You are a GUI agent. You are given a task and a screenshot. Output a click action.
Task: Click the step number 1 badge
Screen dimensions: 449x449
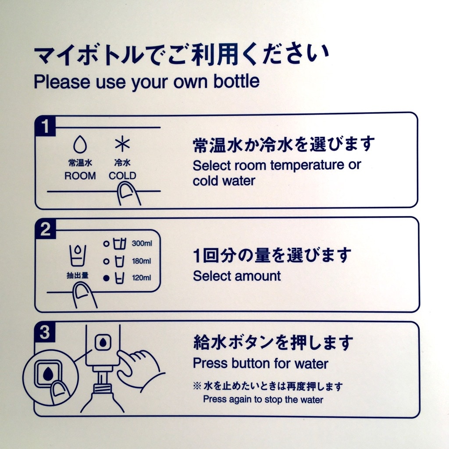(x=45, y=126)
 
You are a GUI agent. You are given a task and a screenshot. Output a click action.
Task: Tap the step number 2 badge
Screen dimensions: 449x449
(x=45, y=229)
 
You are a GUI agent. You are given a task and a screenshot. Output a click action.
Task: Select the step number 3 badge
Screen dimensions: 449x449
(x=45, y=332)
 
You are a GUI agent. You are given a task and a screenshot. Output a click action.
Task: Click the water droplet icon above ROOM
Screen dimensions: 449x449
(x=80, y=144)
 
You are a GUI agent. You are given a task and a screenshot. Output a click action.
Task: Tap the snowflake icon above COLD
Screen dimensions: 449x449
(x=122, y=144)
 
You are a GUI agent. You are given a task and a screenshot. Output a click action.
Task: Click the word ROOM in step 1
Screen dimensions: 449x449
(x=80, y=175)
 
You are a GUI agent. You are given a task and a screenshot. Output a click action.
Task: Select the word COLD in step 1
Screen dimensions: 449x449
(x=123, y=175)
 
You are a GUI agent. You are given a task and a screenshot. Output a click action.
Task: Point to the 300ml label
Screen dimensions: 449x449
(x=142, y=243)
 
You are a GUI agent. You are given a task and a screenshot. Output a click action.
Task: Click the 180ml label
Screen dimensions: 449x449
(x=142, y=261)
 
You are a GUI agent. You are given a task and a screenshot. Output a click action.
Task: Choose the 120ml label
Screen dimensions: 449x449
(x=142, y=278)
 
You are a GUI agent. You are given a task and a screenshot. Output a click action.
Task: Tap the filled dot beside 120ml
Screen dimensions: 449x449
(x=106, y=278)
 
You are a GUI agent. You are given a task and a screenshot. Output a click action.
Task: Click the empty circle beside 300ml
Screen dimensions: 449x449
(x=106, y=244)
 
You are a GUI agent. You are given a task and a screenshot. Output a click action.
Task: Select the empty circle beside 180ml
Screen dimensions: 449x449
(x=106, y=261)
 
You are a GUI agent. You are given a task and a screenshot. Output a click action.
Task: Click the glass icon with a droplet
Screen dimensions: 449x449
(x=78, y=255)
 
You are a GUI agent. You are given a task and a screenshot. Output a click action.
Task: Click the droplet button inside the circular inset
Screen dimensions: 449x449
(x=48, y=374)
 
